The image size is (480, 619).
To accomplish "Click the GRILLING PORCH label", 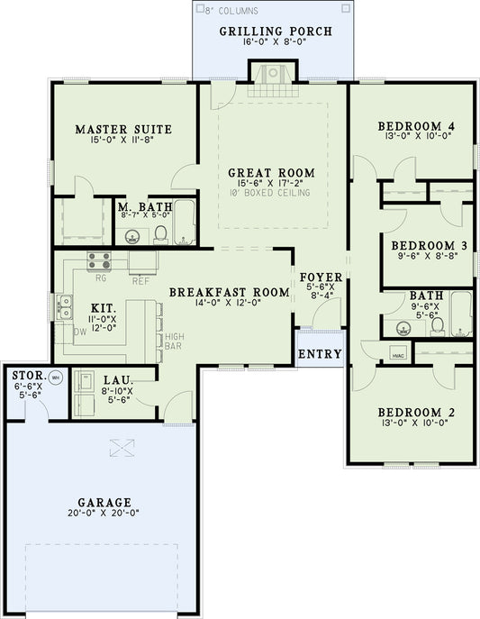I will pos(276,32).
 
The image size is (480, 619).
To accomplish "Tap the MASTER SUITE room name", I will pos(123,129).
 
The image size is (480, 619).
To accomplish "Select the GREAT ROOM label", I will pos(270,172).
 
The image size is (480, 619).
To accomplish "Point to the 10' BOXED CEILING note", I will pos(270,193).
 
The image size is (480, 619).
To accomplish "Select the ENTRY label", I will pos(320,354).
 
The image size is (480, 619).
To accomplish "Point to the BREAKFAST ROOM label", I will pos(229,292).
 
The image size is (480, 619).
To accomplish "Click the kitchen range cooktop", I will pos(99,261).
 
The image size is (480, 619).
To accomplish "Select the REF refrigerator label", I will pos(140,280).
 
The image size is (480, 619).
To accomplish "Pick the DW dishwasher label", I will pos(79,332).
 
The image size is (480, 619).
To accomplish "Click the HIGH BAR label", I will pos(175,341).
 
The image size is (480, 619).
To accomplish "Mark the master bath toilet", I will pos(161,235).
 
